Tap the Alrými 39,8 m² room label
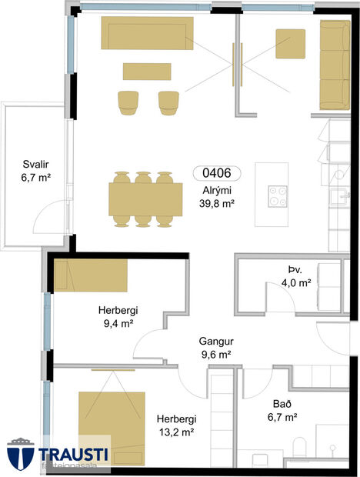(215, 197)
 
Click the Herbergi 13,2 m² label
(175, 425)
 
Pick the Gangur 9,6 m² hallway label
(215, 347)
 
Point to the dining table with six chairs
(142, 199)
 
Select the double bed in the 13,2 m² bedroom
(112, 422)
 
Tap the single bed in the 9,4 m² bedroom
(92, 275)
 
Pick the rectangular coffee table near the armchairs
(146, 71)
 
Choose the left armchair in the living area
(128, 102)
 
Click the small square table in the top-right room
(290, 44)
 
